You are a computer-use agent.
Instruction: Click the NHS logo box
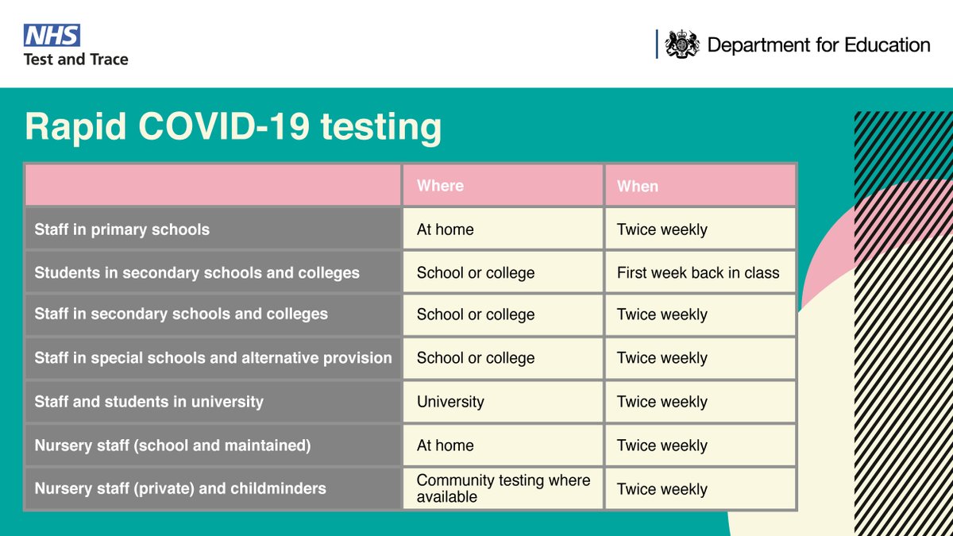[x=52, y=35]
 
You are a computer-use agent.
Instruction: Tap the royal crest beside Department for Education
[x=681, y=44]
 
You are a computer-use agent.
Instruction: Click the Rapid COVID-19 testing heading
[x=233, y=128]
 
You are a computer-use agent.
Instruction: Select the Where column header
[x=440, y=186]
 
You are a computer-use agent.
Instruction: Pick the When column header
[x=638, y=186]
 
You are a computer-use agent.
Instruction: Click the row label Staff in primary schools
[x=122, y=229]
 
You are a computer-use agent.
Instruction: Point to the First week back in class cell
[x=698, y=272]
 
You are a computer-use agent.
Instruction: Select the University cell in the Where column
[x=450, y=402]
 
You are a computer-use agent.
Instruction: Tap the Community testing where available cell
[x=503, y=488]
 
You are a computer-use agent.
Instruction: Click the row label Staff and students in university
[x=149, y=402]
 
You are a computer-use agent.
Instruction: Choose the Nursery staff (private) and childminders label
[x=180, y=488]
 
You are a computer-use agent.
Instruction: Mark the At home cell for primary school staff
[x=445, y=229]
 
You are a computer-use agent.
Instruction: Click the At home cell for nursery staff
[x=445, y=445]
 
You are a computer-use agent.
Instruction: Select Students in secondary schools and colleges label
[x=197, y=272]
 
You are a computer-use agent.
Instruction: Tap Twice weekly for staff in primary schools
[x=662, y=229]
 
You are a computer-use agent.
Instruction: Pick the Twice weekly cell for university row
[x=662, y=402]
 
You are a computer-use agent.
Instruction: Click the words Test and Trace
[x=75, y=59]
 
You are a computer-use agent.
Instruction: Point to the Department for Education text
[x=818, y=45]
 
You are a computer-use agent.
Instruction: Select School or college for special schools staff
[x=476, y=358]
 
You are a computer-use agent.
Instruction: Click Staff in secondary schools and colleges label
[x=181, y=314]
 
